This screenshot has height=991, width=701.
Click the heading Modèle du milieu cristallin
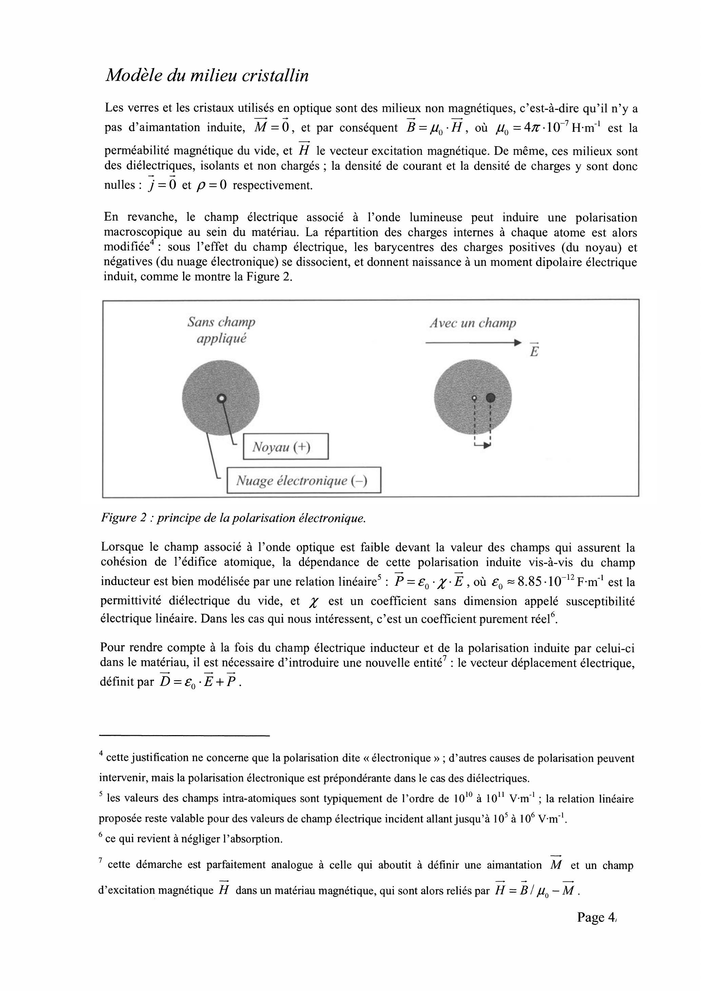coord(207,76)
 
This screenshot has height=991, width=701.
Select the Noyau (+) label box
coord(286,446)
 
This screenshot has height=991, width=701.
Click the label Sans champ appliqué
coord(221,330)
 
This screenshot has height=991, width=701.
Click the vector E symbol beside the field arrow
coord(534,350)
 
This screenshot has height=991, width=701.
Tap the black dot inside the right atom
coord(490,398)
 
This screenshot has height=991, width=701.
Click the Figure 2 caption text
coord(233,518)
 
